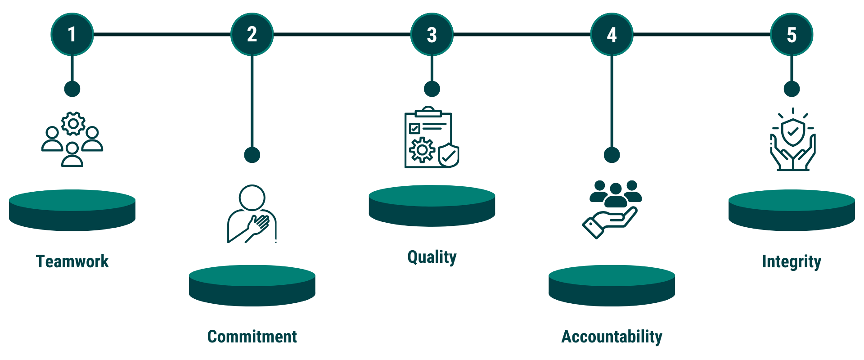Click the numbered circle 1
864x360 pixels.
coord(72,34)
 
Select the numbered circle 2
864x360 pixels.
coord(252,34)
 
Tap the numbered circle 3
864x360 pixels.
coord(432,34)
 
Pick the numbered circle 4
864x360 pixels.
coord(612,34)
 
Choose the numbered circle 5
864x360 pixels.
coord(792,34)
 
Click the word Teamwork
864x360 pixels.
coord(72,261)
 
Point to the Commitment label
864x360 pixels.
coord(252,337)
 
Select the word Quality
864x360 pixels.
coord(432,257)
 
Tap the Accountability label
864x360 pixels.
coord(612,337)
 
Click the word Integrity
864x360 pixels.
coord(792,261)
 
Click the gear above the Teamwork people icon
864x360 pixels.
coord(73,123)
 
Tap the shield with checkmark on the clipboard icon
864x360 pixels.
coord(449,156)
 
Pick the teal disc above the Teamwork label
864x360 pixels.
coord(72,210)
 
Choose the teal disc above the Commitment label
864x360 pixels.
coord(252,285)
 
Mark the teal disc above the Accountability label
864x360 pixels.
coord(612,285)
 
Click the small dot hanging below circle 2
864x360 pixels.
coord(252,155)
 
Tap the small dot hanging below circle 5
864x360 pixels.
coord(792,89)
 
